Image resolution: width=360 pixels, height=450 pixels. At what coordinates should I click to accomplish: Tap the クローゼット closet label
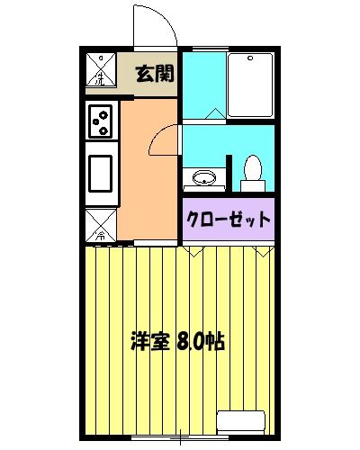point(228,219)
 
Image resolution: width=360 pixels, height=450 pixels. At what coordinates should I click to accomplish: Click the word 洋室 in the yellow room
point(148,342)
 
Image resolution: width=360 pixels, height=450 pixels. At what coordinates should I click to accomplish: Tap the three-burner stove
point(101,120)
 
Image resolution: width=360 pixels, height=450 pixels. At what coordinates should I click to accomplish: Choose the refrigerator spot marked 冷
point(101,226)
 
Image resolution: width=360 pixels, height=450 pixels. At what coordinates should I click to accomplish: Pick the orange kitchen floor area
point(144,180)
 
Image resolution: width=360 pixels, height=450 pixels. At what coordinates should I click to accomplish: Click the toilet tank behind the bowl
point(252,184)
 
